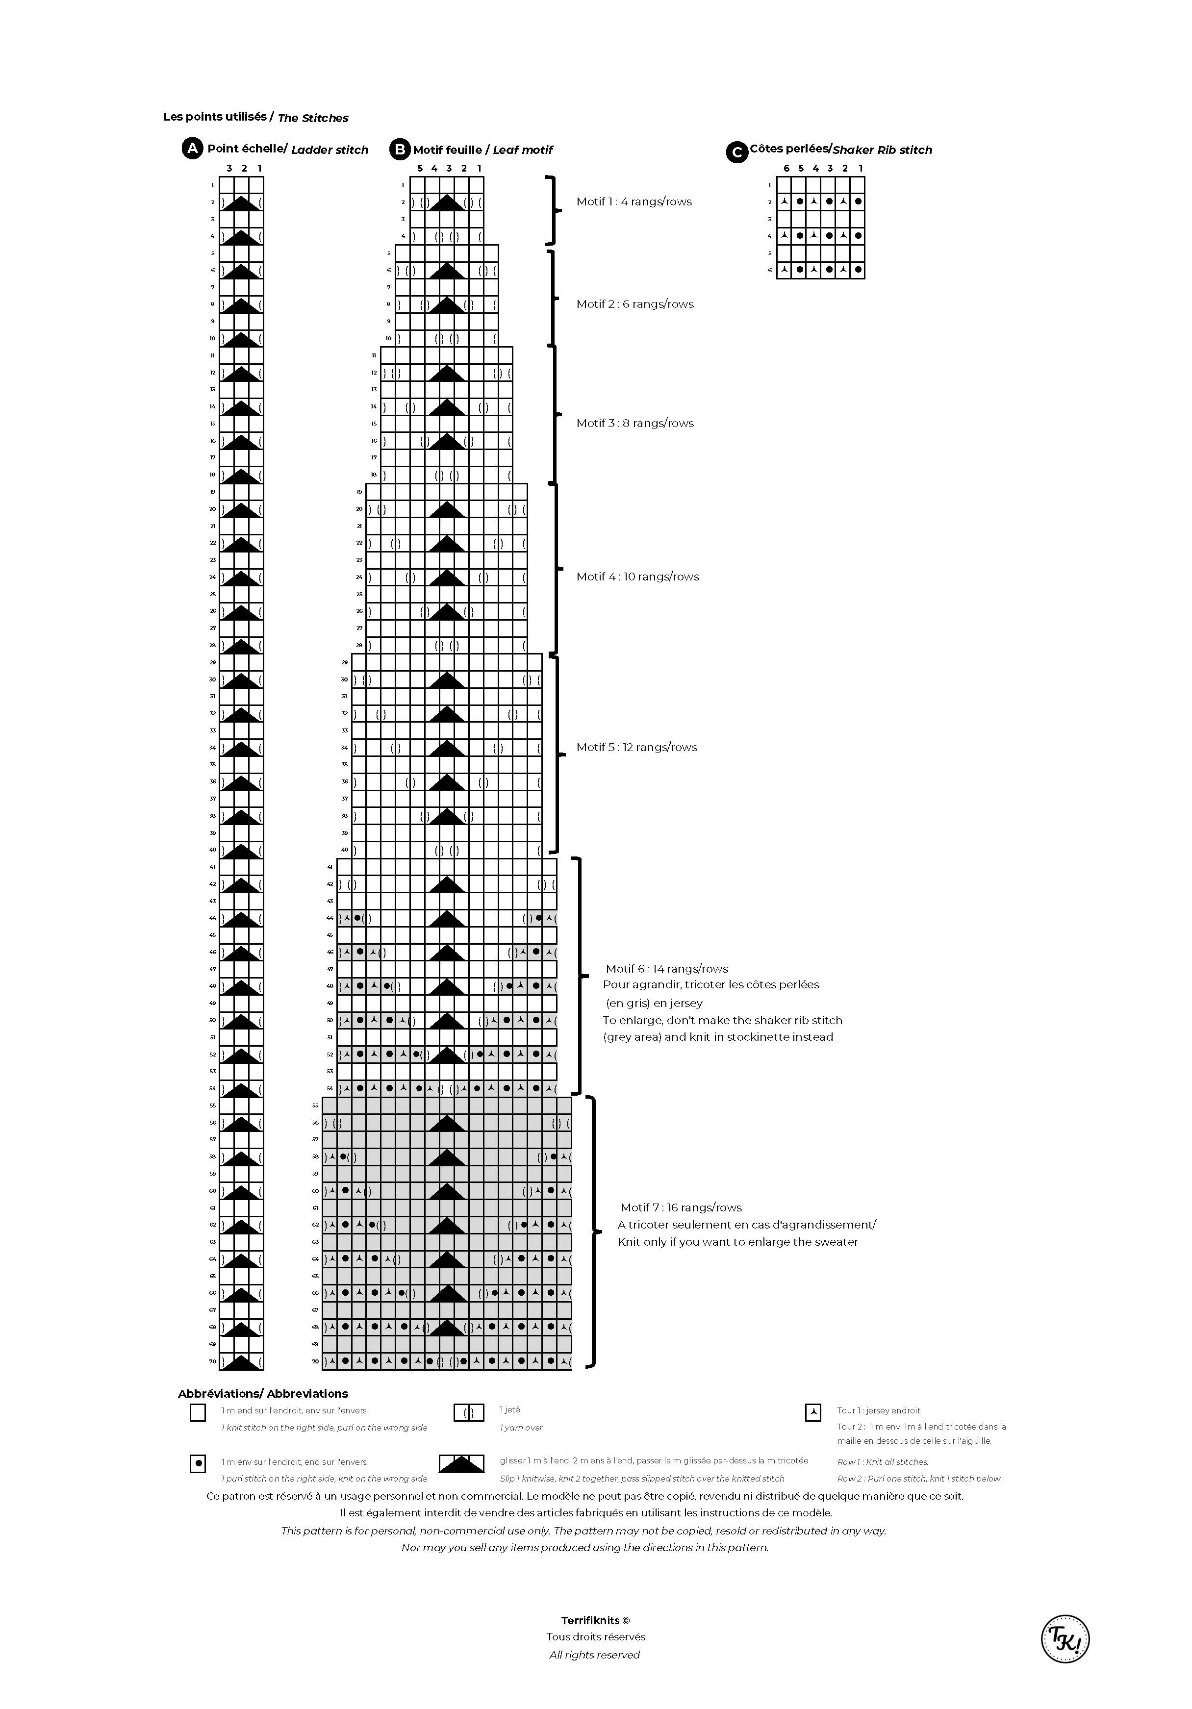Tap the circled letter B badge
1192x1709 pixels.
pyautogui.click(x=400, y=150)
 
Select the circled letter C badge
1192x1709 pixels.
pyautogui.click(x=736, y=152)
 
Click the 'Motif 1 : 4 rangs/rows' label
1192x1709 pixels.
pyautogui.click(x=634, y=201)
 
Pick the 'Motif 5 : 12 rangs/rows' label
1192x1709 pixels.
pyautogui.click(x=636, y=747)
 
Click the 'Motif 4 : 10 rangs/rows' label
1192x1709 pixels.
pyautogui.click(x=637, y=577)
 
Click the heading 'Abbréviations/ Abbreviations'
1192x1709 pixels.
pyautogui.click(x=263, y=1393)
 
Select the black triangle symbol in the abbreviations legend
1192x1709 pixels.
pyautogui.click(x=461, y=1464)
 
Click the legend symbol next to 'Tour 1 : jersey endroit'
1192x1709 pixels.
pyautogui.click(x=813, y=1412)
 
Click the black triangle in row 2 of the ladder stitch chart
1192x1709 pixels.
pyautogui.click(x=241, y=202)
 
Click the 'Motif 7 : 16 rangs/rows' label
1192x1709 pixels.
pyautogui.click(x=681, y=1207)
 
